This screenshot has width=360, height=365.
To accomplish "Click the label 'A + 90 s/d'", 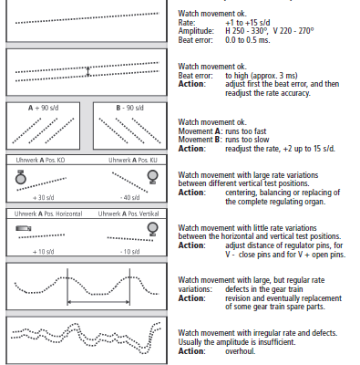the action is pos(43,108).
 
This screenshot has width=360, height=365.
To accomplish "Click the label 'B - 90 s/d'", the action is pos(129,108).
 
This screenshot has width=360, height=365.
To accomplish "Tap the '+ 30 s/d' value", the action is pos(44,198).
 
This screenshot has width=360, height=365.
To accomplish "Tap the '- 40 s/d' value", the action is pos(129,198).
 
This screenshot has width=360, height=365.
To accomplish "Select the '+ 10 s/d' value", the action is pos(44,252).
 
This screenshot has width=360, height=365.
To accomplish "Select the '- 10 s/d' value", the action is pos(129,252).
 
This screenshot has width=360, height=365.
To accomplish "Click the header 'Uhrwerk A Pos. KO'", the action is pos(40,160).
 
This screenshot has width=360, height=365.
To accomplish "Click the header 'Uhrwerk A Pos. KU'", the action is pos(133,160).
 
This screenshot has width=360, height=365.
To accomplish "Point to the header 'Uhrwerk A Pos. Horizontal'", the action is pos(48,214).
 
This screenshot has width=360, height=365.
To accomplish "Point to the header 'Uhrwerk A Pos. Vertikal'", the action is pos(129,214).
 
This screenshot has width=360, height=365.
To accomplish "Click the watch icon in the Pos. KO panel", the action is pos(21,177).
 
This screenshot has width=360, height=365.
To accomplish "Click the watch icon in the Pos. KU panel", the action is pos(152,177).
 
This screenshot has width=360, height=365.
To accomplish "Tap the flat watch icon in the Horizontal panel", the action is pos(24,228).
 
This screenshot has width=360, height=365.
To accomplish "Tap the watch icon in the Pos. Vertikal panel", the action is pos(152,229).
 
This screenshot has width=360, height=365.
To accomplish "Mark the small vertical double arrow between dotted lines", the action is pos(88,72).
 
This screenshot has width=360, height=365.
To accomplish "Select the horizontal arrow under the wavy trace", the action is pos(98,302).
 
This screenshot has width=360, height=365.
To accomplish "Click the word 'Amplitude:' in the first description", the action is pos(196,31).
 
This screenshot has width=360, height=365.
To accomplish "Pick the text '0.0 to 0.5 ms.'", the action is pos(248,40).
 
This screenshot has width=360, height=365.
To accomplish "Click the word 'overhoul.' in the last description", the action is pos(241,351).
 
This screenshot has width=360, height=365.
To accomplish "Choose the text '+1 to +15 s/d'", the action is pos(248,23).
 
